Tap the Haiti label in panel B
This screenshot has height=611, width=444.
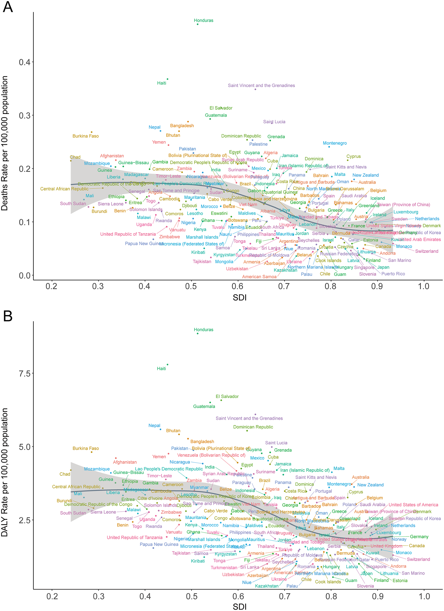[161, 368]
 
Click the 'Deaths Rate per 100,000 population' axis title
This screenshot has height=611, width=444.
[4, 143]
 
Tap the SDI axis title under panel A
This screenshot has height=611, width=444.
[239, 297]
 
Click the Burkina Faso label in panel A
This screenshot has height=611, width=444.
[86, 136]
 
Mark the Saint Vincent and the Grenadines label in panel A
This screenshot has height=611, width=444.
[261, 85]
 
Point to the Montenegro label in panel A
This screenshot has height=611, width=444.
[335, 143]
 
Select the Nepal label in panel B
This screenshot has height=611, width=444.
[154, 425]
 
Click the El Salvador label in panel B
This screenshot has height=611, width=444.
[227, 396]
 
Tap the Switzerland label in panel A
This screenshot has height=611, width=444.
[426, 251]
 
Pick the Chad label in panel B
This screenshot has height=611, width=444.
[65, 474]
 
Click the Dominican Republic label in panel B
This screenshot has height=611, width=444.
[253, 427]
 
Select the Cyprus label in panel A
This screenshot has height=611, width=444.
[353, 156]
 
